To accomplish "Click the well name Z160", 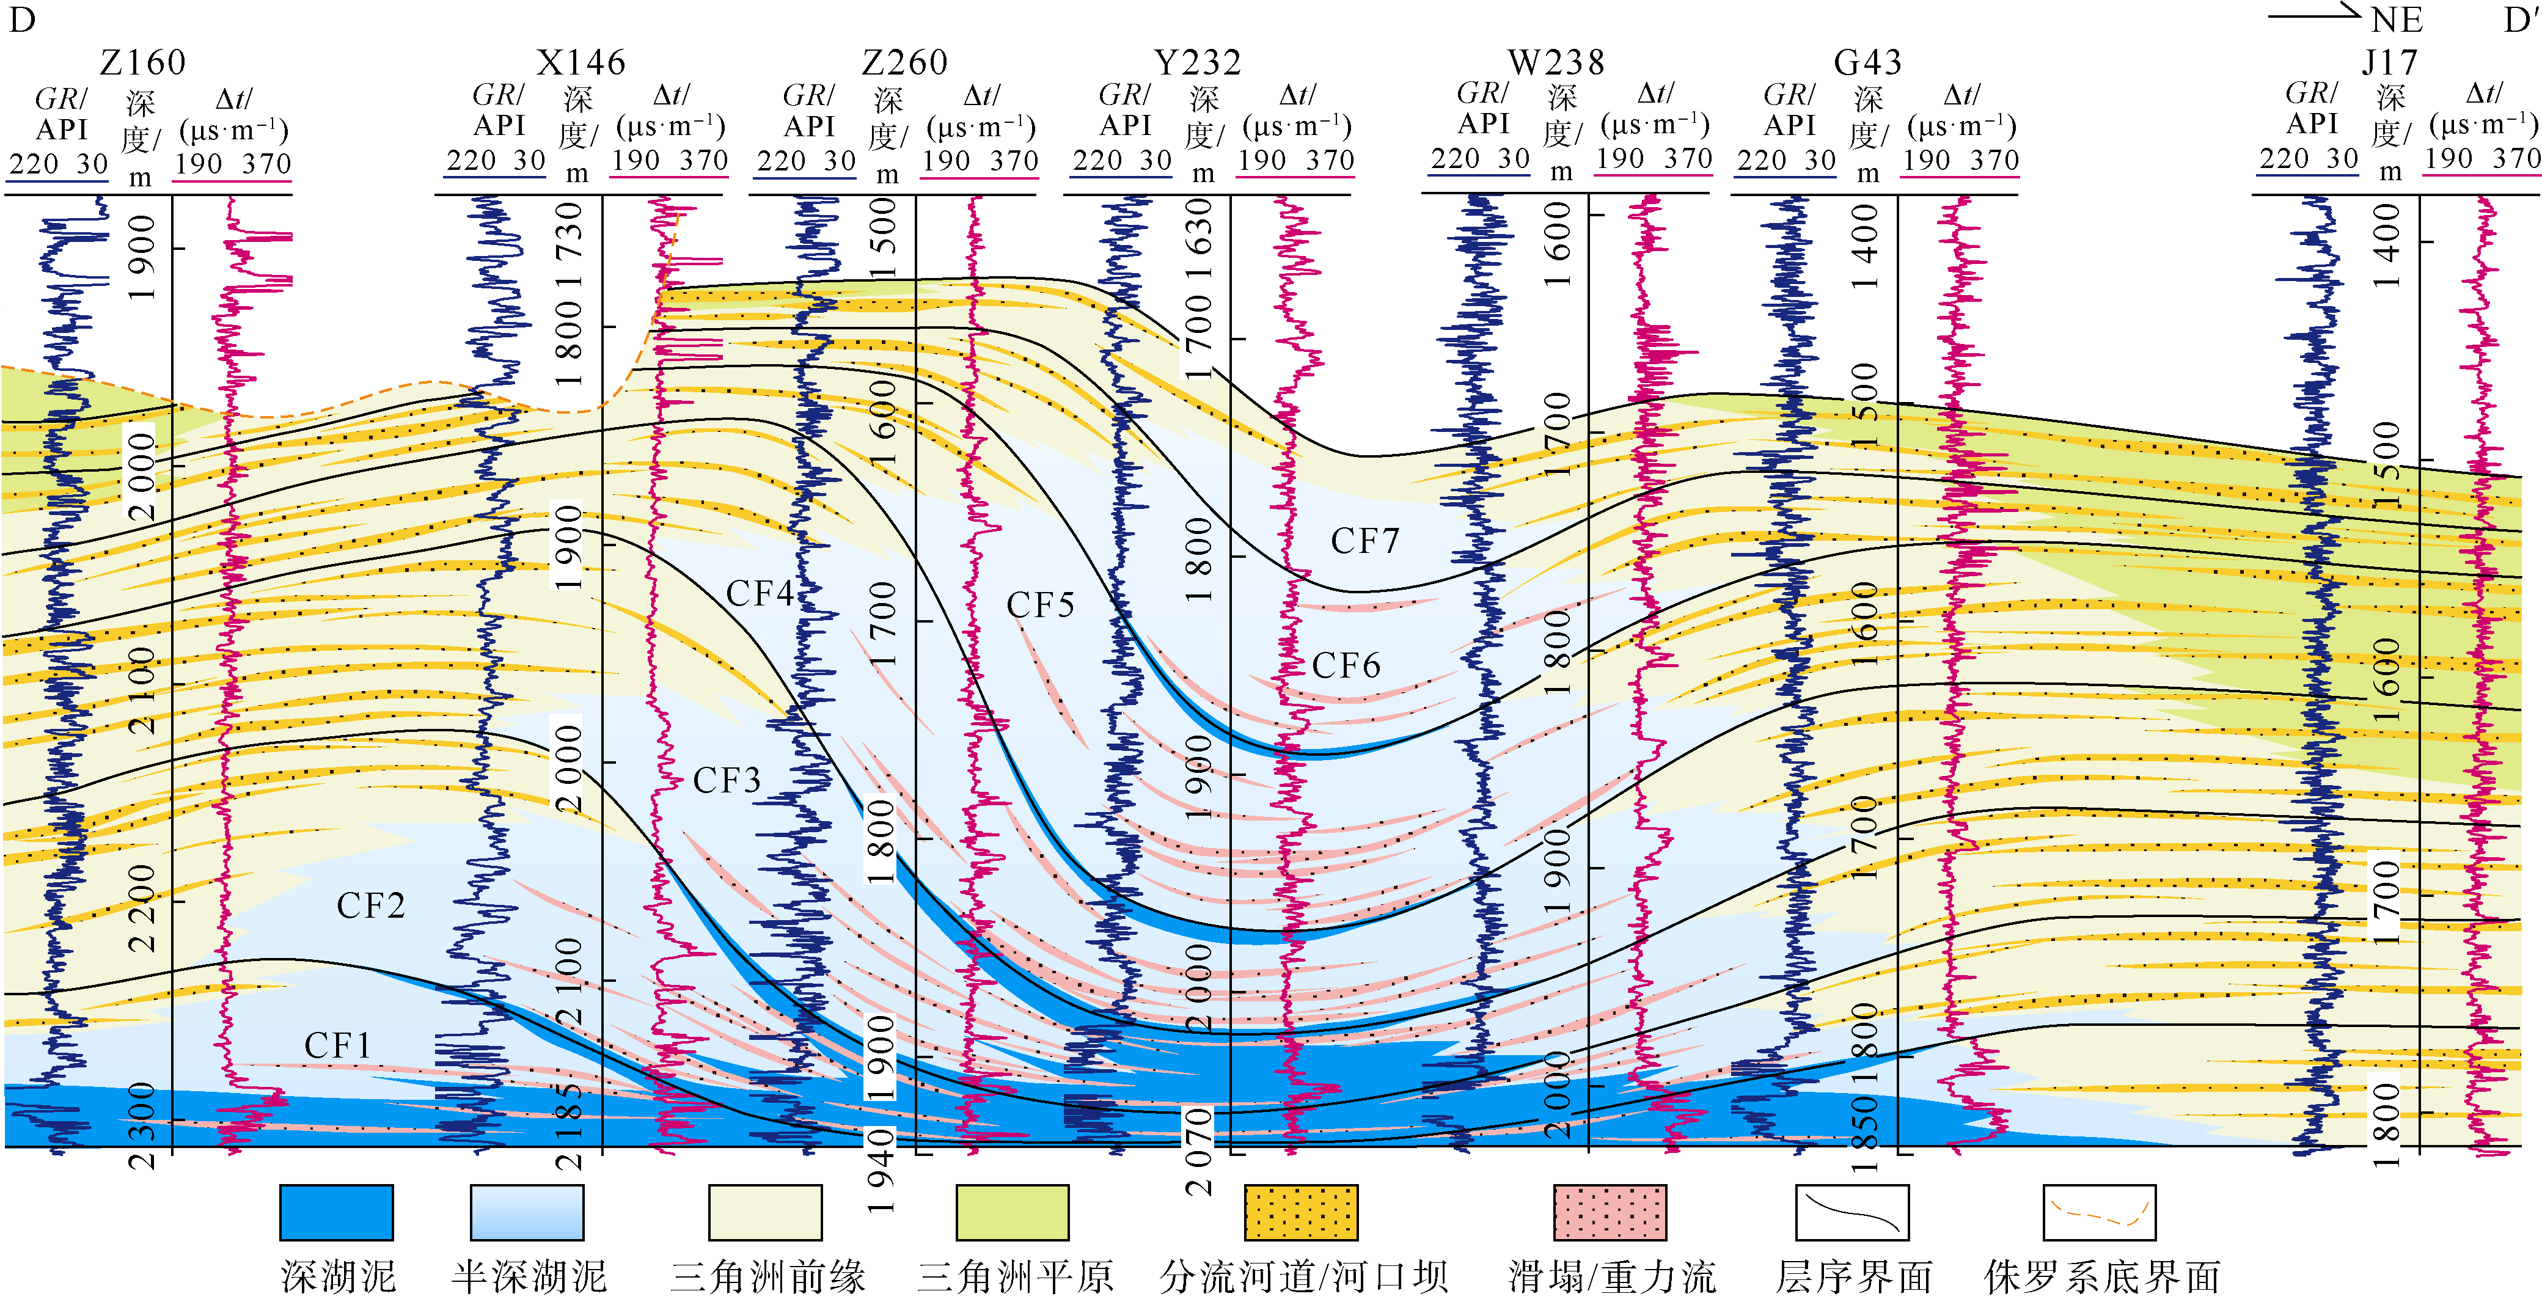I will click(143, 63).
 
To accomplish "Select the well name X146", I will click(581, 63).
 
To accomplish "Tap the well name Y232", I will click(1198, 63).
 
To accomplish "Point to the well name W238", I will click(1556, 63).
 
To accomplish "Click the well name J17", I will click(2389, 63).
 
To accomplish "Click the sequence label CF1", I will click(337, 1045).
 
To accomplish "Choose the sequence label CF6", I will click(1346, 666).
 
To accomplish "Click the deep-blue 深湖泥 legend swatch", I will click(337, 1212).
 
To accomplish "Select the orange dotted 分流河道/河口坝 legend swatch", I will click(1300, 1212).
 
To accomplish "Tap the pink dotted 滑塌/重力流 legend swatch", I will click(1610, 1212).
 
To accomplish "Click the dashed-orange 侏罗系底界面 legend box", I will click(2099, 1212).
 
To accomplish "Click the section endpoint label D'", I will click(2522, 20).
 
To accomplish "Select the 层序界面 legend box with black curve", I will click(1852, 1212).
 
